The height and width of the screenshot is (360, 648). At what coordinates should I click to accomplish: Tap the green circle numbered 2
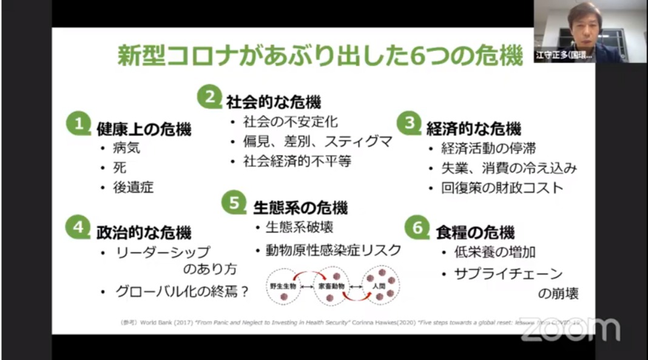tap(209, 97)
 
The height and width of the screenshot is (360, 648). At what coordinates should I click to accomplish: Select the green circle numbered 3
tap(409, 124)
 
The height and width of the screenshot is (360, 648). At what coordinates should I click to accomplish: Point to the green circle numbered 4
tap(78, 228)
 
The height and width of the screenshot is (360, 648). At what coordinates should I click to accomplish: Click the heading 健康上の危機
tap(144, 129)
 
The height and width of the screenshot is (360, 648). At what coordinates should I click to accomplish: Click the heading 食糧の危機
tap(475, 232)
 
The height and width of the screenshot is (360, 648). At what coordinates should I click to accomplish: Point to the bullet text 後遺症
tap(134, 187)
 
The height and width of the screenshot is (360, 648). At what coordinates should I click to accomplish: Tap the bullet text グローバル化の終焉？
tap(182, 291)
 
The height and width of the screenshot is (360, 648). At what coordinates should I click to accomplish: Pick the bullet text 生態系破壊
tap(299, 228)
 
